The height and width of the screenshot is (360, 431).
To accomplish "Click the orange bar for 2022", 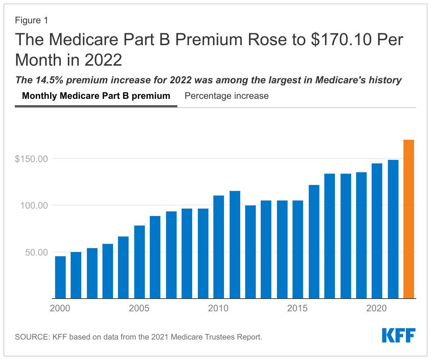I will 409,219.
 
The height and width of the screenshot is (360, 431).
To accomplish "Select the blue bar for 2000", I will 60,277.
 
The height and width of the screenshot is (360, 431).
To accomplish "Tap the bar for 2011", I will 235,245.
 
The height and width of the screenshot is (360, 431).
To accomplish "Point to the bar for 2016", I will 314,242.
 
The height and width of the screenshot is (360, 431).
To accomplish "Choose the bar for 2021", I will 393,229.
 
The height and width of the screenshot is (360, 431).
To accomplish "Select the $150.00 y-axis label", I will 31,159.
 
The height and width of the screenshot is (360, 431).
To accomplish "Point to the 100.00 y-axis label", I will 33,205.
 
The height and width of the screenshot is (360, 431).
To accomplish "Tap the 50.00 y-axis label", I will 36,252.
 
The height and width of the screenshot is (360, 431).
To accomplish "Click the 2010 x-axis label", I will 218,308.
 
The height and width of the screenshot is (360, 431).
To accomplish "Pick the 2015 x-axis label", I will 297,308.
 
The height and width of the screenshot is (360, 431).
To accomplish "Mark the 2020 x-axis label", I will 377,308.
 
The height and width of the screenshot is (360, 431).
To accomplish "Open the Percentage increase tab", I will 226,96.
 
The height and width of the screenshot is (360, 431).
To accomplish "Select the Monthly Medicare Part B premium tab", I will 96,96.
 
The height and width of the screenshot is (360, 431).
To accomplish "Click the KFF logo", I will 398,335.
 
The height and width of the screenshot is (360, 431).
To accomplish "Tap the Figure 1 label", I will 31,20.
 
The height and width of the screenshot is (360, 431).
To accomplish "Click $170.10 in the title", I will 341,40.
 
